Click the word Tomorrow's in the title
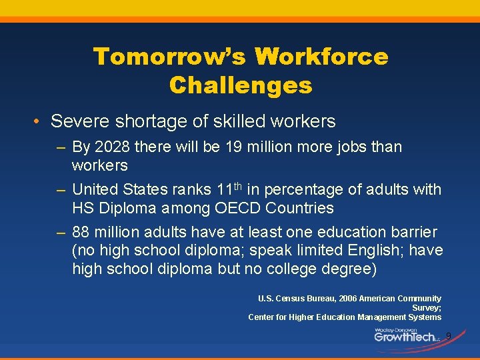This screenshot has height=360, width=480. [x=169, y=57]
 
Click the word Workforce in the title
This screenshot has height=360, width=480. [x=321, y=57]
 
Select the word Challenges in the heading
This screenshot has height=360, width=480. [x=241, y=85]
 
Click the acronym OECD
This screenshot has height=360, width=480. [x=237, y=208]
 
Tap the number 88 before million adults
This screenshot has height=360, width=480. [x=82, y=232]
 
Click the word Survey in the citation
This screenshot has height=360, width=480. [x=425, y=308]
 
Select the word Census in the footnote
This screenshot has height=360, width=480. [x=292, y=299]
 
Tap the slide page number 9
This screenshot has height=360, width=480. [x=448, y=335]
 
